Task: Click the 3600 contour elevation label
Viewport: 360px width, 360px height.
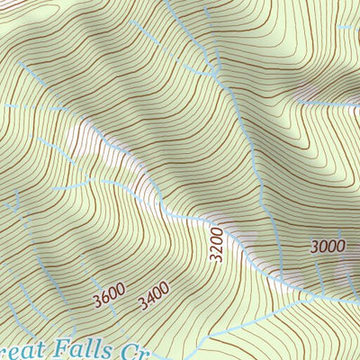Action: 108,293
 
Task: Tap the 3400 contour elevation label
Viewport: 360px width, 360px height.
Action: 155,293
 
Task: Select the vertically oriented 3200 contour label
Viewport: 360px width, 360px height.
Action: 215,244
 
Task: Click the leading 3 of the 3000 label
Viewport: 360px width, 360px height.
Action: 315,247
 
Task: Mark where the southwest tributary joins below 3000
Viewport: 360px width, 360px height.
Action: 310,296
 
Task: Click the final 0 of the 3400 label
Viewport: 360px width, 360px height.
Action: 166,290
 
